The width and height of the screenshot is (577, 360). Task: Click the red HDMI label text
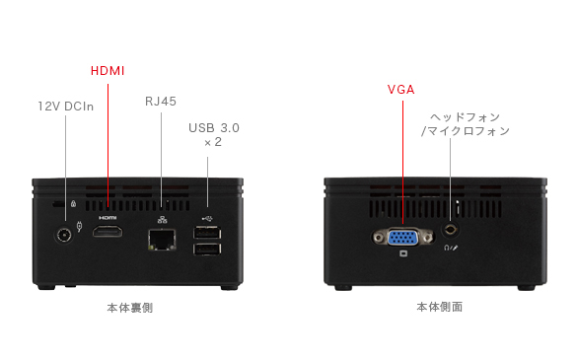click(108, 71)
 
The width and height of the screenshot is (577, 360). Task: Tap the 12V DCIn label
click(66, 107)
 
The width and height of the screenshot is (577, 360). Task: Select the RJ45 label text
click(161, 102)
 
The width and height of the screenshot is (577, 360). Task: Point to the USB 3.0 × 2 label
click(214, 135)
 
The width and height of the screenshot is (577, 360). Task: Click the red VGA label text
click(401, 90)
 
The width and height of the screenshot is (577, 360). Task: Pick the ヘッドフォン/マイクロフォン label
click(466, 124)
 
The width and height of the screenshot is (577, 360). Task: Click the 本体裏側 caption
click(130, 308)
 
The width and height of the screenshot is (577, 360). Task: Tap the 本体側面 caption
click(440, 307)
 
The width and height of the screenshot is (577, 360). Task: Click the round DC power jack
click(64, 235)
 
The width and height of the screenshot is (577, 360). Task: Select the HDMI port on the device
click(108, 232)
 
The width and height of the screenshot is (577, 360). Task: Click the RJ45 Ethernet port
click(162, 240)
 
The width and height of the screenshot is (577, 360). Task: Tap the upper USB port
click(207, 233)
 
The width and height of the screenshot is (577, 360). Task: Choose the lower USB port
click(207, 250)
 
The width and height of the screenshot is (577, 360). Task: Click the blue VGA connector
click(402, 238)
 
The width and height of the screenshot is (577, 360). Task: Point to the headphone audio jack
click(450, 230)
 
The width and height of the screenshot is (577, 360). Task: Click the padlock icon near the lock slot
click(74, 203)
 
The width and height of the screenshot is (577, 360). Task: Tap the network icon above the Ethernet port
click(162, 220)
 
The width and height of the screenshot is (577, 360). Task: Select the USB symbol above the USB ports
click(207, 219)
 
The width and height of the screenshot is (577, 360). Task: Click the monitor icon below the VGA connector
click(403, 253)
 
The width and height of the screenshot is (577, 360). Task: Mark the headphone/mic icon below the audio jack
click(451, 249)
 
